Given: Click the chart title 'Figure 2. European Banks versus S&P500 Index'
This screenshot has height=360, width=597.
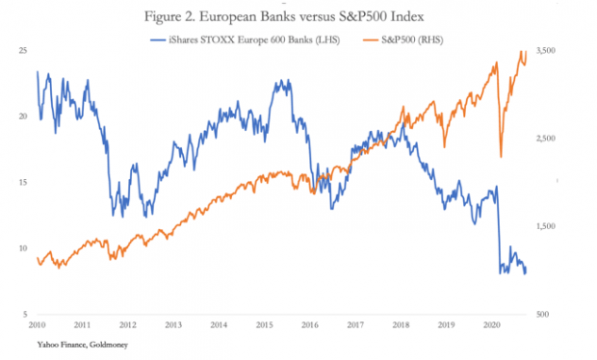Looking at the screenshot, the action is [x=284, y=16].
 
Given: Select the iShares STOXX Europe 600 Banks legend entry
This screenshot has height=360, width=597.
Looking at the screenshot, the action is [x=245, y=40].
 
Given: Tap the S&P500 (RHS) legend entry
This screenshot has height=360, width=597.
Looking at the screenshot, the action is [x=402, y=40].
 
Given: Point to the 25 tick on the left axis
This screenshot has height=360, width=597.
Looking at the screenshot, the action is [x=23, y=50].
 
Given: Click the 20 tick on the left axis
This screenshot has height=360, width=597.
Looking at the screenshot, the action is [x=23, y=116].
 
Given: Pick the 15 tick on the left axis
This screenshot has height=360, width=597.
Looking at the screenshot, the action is [x=23, y=182].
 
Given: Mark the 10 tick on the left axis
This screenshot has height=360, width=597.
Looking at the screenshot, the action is [x=23, y=248].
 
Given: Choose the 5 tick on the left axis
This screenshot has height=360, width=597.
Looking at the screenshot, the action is [x=25, y=314].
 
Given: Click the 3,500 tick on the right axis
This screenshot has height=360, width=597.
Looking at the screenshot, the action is [x=546, y=50].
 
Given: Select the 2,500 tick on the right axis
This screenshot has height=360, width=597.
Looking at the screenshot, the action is [x=546, y=139].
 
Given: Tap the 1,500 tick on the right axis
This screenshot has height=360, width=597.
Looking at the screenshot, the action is [x=546, y=226].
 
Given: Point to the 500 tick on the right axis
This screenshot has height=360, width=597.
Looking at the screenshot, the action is [x=542, y=315].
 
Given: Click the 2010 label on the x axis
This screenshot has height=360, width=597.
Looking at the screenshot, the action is [x=37, y=325].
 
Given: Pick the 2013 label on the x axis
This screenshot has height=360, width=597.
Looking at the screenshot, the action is [x=173, y=325].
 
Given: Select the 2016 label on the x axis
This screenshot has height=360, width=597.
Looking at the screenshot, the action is [x=310, y=325].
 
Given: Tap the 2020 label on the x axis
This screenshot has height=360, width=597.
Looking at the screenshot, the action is [x=491, y=325].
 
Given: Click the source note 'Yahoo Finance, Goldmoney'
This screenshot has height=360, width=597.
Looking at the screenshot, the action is [x=83, y=345].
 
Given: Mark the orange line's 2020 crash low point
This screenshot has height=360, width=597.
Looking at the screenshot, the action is [x=501, y=156].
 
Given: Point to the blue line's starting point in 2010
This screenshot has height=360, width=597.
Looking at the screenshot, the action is [x=38, y=71].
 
